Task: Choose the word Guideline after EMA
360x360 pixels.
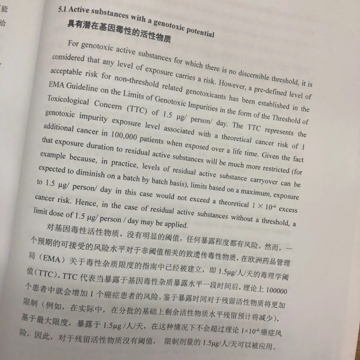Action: tap(82, 88)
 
